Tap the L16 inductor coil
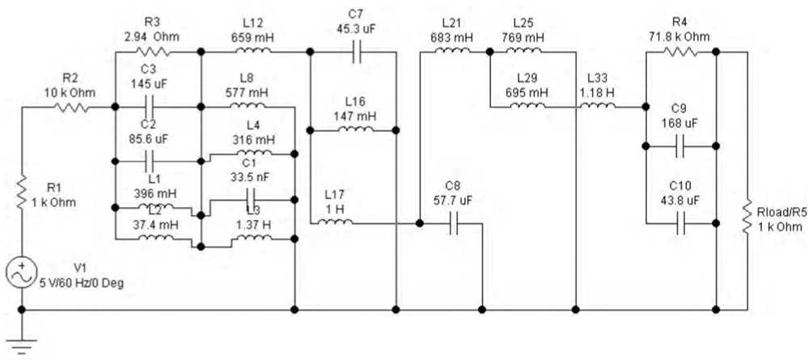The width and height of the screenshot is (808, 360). [353, 128]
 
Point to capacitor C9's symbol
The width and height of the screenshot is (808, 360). [682, 146]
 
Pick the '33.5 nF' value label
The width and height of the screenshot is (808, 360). [251, 180]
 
